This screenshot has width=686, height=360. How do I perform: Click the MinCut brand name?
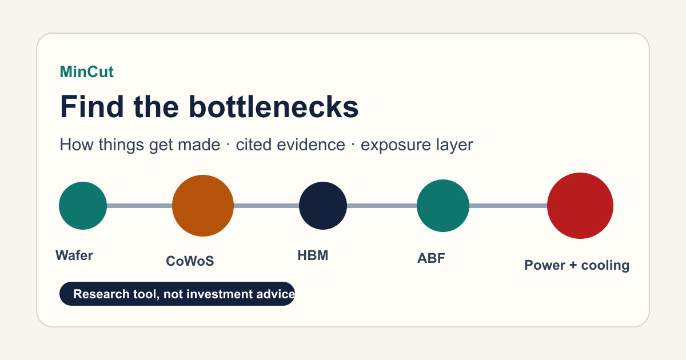pos(87,72)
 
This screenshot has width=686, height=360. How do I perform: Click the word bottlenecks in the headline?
pos(273,106)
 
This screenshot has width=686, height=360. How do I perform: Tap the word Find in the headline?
pos(92,106)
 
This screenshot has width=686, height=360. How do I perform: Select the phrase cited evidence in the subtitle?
pos(290,145)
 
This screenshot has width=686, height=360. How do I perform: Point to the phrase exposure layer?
pos(417,145)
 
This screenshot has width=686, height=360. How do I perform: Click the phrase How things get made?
pos(140,145)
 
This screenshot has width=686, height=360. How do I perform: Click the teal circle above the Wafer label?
pos(83,206)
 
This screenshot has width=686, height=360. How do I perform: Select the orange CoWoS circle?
pos(203,206)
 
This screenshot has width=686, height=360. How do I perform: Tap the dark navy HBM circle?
pos(323,206)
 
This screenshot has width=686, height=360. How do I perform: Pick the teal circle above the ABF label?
pos(443,206)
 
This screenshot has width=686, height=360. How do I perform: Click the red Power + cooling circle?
pos(580,206)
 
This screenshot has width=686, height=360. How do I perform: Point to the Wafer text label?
pos(74,255)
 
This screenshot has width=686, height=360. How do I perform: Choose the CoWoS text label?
pos(190,261)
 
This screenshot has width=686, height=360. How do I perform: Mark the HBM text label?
pos(313,255)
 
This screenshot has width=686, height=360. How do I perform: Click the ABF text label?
pos(431,258)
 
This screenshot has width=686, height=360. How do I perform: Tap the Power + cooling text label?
pos(577,265)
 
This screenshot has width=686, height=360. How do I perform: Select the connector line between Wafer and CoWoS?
pos(139,206)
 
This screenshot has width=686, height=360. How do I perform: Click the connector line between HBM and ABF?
pos(382,206)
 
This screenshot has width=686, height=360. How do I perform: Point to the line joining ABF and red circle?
pos(508,206)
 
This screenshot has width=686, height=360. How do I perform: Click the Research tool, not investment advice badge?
pos(177,294)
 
